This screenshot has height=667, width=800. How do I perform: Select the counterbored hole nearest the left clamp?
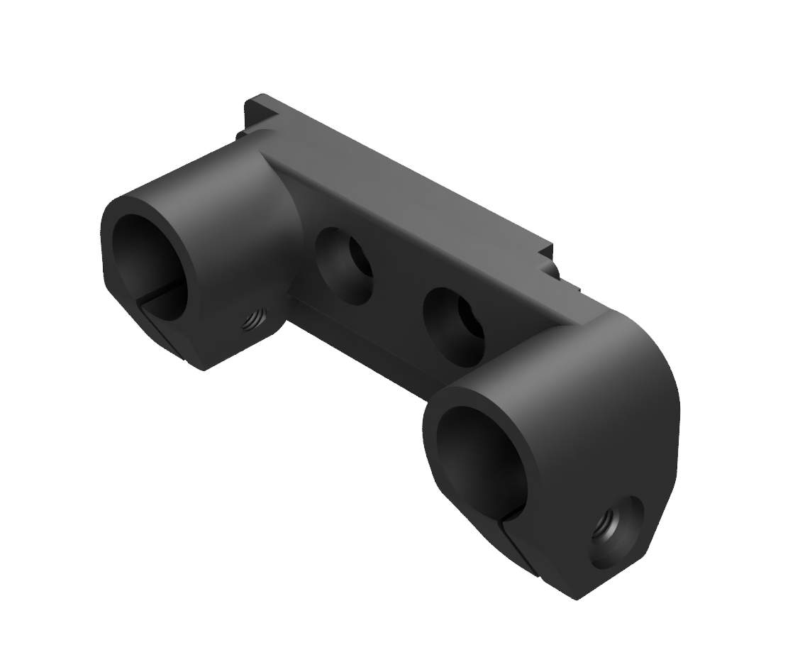tap(342, 265)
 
